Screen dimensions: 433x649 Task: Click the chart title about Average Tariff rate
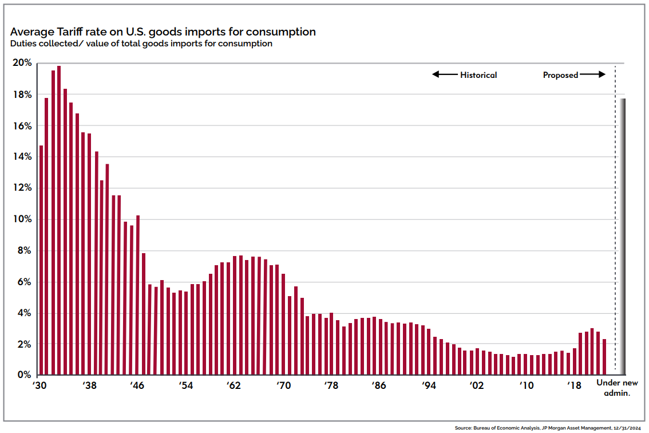point(163,32)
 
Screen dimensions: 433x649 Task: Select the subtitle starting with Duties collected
point(141,44)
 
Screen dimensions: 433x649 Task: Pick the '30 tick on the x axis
point(39,386)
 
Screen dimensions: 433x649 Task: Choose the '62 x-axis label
point(234,386)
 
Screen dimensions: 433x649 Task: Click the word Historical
point(478,75)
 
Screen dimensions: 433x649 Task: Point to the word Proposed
point(560,75)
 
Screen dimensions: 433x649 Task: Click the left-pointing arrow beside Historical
point(444,74)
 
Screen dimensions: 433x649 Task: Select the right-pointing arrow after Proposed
point(593,74)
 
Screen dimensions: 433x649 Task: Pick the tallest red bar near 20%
point(59,221)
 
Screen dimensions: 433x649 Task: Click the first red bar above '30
point(41,261)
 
